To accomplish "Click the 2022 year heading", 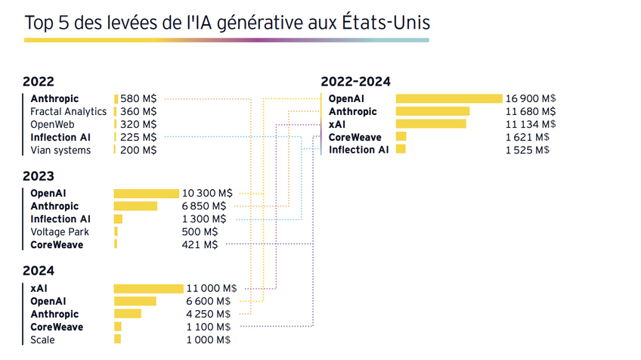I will [x=39, y=82].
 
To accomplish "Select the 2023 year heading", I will [x=39, y=176].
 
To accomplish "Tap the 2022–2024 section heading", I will [x=355, y=82].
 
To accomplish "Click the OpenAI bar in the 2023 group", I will [x=147, y=194].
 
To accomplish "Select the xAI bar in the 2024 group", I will [x=149, y=288].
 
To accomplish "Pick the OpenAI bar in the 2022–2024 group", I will [x=449, y=98].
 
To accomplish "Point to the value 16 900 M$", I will [x=531, y=98].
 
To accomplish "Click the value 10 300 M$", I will [x=207, y=194].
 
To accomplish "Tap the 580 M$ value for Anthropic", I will [x=138, y=98].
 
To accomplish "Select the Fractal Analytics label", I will [x=68, y=111].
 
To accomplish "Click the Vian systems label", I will [x=60, y=150].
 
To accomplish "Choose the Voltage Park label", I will [x=60, y=231].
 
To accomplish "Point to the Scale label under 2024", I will [x=42, y=340].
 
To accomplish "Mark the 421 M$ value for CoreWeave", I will [x=200, y=244].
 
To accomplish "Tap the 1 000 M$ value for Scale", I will [x=209, y=340].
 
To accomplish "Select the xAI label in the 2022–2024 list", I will [x=337, y=124].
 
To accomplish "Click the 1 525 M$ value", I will [x=527, y=150].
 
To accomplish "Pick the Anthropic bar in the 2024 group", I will [x=128, y=314].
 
